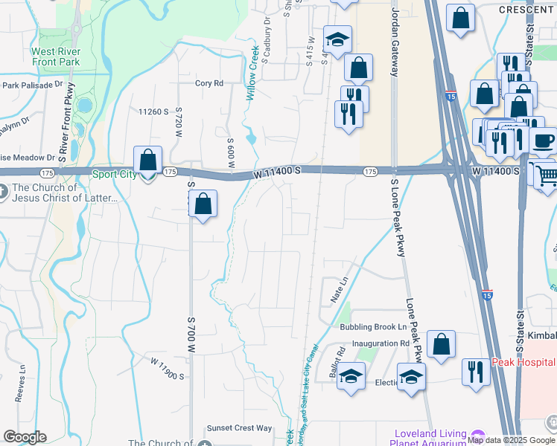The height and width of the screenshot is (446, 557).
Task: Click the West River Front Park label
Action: click(55, 57)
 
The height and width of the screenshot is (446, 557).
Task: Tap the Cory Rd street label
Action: click(209, 84)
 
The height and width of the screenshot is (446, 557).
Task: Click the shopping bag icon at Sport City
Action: click(147, 161)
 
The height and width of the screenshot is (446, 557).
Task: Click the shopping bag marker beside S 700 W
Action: click(203, 204)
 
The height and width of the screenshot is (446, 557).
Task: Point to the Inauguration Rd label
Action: click(381, 343)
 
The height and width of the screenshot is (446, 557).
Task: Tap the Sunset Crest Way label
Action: click(240, 428)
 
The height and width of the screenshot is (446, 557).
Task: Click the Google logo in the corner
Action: click(25, 437)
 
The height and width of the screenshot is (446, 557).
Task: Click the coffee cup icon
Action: click(542, 140)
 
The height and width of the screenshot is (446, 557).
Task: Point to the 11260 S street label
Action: click(154, 111)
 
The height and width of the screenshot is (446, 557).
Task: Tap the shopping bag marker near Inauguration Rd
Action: click(442, 344)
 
